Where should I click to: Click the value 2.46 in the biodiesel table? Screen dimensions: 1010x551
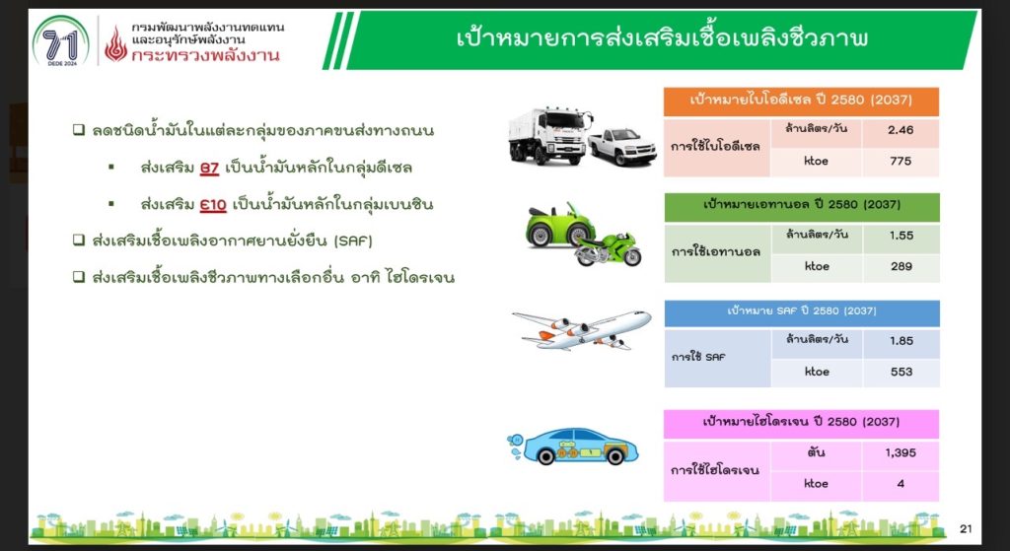(x=901, y=130)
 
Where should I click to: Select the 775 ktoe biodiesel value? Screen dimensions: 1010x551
(x=901, y=161)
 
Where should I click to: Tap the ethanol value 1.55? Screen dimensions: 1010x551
(x=902, y=236)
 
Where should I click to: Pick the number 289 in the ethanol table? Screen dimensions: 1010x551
(x=902, y=266)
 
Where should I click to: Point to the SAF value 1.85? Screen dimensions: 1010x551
(x=902, y=341)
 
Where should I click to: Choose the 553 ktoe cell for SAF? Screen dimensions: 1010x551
(x=902, y=372)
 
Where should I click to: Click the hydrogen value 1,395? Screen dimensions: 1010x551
(x=901, y=452)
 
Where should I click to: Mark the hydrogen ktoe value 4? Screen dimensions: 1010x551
(x=901, y=483)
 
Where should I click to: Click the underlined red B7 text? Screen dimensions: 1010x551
(x=209, y=169)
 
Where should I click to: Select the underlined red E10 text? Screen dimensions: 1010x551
(x=213, y=205)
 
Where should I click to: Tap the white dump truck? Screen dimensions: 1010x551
(x=549, y=134)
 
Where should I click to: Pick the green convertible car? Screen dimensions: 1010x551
(x=559, y=226)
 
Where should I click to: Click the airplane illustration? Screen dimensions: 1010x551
(x=582, y=329)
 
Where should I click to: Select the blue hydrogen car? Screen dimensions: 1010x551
(x=573, y=447)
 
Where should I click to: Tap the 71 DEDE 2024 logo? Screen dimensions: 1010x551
(x=60, y=41)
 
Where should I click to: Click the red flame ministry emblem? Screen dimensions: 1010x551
(x=116, y=43)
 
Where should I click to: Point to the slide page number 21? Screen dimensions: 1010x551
(x=965, y=529)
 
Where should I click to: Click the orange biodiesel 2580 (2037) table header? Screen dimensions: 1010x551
(x=801, y=102)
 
